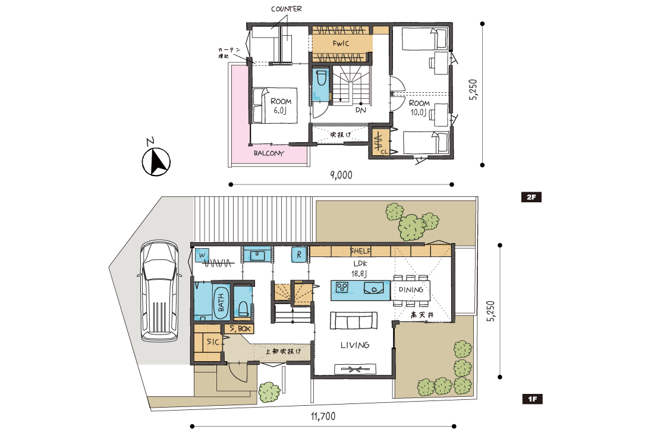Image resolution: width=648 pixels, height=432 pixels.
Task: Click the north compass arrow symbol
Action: click(x=156, y=161)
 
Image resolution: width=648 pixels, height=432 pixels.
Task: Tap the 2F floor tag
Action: click(x=531, y=198)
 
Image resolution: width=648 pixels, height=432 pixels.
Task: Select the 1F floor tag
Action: click(x=532, y=399)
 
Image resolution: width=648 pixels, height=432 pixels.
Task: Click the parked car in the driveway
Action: click(x=159, y=291)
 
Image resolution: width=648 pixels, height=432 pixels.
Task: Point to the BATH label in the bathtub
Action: click(x=221, y=302)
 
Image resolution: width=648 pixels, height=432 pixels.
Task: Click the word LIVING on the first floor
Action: click(x=355, y=345)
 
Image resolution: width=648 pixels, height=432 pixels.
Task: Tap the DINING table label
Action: click(x=411, y=290)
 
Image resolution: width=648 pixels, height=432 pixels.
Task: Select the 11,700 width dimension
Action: click(x=323, y=417)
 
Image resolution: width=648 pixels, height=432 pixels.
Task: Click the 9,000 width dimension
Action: click(x=341, y=174)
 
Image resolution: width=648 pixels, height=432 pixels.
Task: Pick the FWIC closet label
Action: click(x=341, y=43)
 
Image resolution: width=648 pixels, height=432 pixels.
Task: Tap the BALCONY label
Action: click(x=269, y=153)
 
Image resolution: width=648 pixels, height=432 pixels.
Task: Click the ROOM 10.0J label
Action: click(x=419, y=108)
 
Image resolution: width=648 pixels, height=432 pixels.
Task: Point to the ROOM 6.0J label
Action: click(x=281, y=105)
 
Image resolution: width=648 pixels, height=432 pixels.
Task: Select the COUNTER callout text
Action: click(x=287, y=9)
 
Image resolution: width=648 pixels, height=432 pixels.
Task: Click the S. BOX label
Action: click(x=240, y=329)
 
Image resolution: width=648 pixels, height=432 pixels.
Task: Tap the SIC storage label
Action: click(x=213, y=342)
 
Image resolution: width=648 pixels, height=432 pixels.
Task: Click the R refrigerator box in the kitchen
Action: click(x=299, y=255)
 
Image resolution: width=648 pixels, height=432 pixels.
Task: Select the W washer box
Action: click(x=202, y=255)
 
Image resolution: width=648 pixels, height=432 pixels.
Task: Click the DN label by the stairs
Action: click(x=361, y=110)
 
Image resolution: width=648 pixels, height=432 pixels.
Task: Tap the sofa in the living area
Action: click(x=353, y=320)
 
